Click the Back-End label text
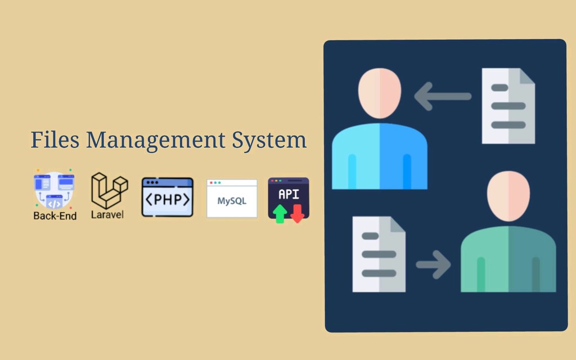(55, 215)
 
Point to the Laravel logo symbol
(109, 190)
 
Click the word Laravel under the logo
(107, 214)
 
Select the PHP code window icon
(167, 197)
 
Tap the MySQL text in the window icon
(232, 201)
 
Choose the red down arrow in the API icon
(298, 213)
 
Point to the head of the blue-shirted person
(380, 93)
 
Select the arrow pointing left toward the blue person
(443, 96)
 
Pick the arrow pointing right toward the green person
(433, 264)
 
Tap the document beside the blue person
(508, 106)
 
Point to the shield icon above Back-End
(54, 189)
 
